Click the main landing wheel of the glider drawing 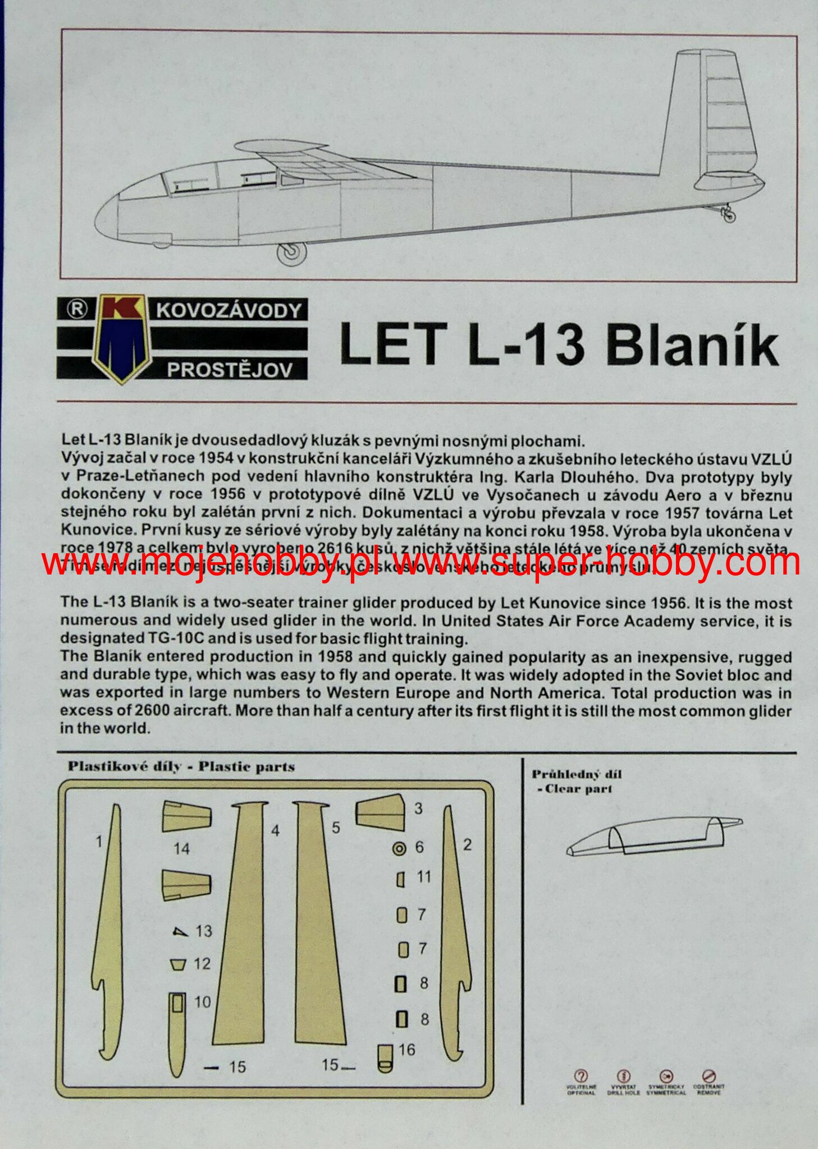point(291,254)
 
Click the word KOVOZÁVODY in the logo point(229,310)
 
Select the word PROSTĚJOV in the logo point(230,370)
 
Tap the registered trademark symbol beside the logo point(77,309)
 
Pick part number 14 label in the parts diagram point(181,848)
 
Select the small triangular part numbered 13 point(180,932)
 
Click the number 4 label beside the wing point(275,831)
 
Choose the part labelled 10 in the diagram point(176,1032)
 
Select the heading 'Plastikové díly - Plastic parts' point(181,767)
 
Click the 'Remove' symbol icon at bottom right point(710,1076)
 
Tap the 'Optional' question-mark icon point(581,1076)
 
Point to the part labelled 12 point(178,964)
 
